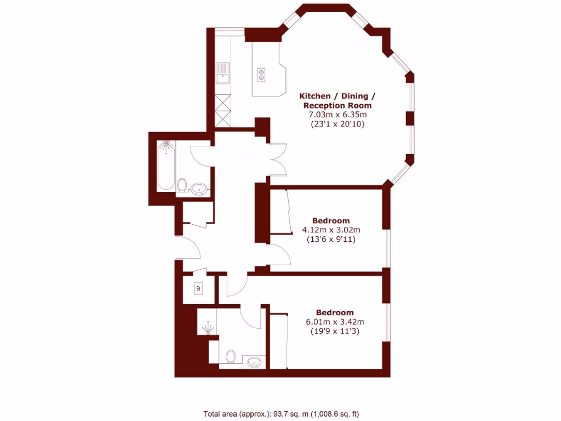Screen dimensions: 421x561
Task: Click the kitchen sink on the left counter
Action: click(x=223, y=73)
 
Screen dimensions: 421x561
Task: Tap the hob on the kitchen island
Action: click(x=261, y=74)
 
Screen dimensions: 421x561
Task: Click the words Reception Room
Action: click(x=337, y=105)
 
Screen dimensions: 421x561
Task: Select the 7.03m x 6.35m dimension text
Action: click(x=337, y=115)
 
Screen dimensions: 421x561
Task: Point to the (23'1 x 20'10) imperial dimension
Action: click(x=337, y=124)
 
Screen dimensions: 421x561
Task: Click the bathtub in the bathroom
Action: click(x=166, y=166)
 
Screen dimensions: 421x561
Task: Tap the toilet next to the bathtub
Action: click(x=182, y=186)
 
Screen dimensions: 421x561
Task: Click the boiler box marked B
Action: click(x=198, y=288)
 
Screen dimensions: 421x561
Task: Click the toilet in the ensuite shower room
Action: click(x=231, y=357)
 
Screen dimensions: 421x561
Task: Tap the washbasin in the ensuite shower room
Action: click(x=254, y=361)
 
